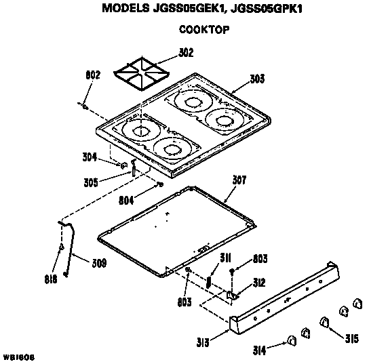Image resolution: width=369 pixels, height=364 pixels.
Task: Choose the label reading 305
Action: tap(92, 182)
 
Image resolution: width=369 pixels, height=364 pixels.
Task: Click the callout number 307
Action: tap(239, 181)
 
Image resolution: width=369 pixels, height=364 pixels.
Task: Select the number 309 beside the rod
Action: tap(98, 264)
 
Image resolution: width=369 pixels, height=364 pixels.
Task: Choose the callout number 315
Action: tap(351, 339)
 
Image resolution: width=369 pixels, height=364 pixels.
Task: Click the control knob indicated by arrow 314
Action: tap(291, 340)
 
